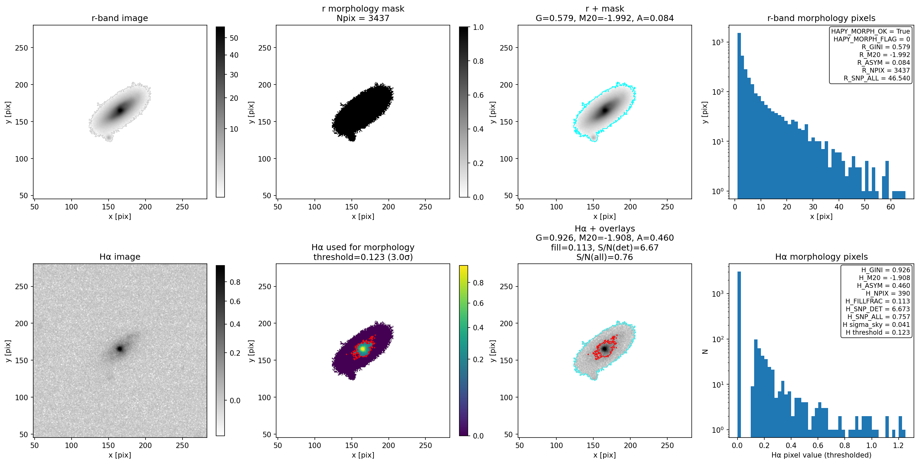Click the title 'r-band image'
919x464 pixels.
click(119, 18)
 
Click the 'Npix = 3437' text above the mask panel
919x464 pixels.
click(363, 18)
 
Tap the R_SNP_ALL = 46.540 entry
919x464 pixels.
click(877, 78)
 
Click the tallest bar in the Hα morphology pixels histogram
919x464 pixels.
click(739, 353)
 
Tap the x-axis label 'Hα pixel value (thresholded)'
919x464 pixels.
click(821, 455)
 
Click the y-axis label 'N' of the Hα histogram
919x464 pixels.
click(705, 351)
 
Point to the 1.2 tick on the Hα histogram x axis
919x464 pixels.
click(898, 445)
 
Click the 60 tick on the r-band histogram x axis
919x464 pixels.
click(891, 207)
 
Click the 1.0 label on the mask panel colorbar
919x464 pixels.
click(478, 27)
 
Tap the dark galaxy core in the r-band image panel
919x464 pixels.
click(120, 110)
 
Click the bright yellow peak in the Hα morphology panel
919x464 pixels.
click(362, 349)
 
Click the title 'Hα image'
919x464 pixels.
click(119, 257)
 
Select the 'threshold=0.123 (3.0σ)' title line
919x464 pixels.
click(363, 257)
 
